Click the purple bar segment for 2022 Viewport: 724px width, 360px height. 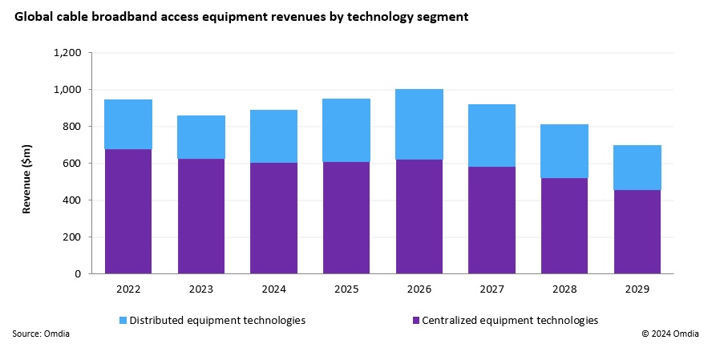point(128,212)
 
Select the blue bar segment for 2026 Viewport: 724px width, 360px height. point(419,124)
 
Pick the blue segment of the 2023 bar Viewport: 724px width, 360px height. point(201,137)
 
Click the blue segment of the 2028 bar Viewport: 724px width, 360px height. point(564,151)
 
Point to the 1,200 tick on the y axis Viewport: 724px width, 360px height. point(67,53)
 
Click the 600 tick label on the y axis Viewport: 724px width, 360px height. point(73,164)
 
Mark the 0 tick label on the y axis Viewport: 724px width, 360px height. point(79,274)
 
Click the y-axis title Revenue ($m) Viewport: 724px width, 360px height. point(26,164)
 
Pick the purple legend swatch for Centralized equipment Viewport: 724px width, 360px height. point(415,321)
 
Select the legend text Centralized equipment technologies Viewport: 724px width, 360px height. point(510,320)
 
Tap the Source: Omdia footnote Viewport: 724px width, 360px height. point(41,334)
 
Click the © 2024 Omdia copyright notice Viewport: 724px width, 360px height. point(670,334)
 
